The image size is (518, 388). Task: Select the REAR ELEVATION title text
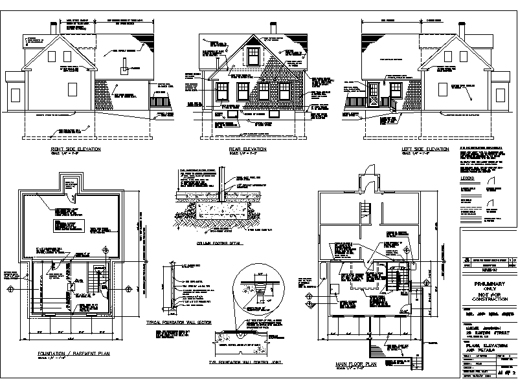(247, 149)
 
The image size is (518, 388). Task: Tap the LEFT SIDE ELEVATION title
(425, 149)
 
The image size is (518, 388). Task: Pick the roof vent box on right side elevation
(123, 69)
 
